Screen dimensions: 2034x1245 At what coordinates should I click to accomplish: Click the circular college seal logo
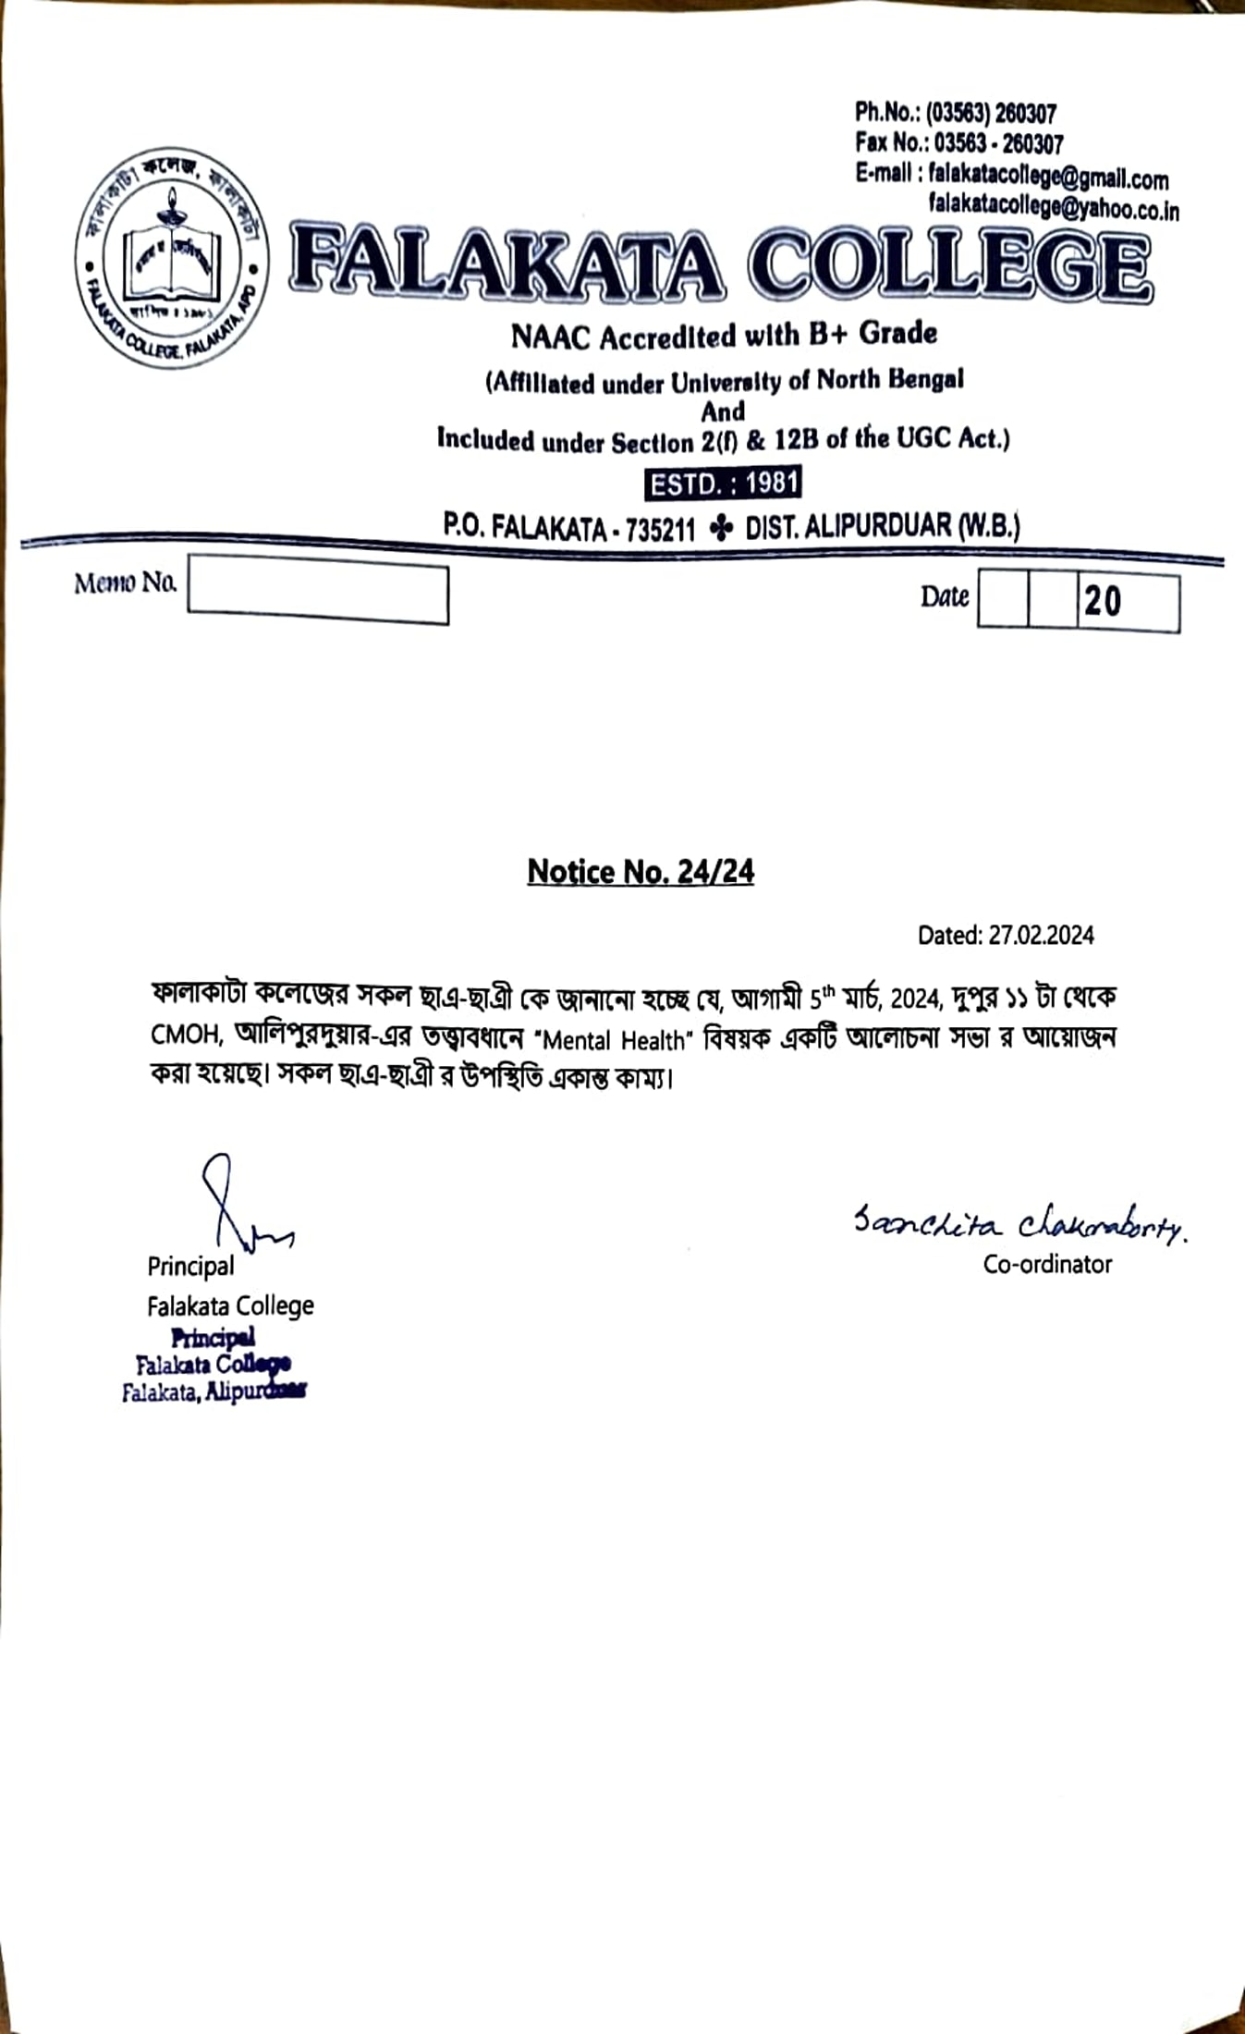click(172, 256)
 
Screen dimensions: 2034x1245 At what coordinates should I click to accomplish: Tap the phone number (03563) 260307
click(991, 114)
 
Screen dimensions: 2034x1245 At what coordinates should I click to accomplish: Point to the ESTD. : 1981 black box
click(723, 484)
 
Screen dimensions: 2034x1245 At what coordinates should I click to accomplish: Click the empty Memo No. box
click(318, 589)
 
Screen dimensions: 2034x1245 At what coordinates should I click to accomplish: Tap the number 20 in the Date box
click(1103, 602)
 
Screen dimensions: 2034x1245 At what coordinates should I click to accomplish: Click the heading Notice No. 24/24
click(641, 871)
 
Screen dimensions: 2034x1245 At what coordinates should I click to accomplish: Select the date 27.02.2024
click(1041, 936)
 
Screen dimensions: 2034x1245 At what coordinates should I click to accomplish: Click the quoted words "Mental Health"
click(614, 1040)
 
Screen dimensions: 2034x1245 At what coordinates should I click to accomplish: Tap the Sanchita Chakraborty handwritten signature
click(1019, 1225)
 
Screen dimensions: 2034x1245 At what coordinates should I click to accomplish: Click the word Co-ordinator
click(1047, 1264)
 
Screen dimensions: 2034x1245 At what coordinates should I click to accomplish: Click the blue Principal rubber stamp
click(214, 1365)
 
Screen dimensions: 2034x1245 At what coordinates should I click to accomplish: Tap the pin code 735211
click(660, 530)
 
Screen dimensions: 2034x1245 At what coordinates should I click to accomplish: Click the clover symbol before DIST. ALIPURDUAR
click(720, 528)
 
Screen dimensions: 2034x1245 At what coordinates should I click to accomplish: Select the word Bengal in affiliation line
click(925, 379)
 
